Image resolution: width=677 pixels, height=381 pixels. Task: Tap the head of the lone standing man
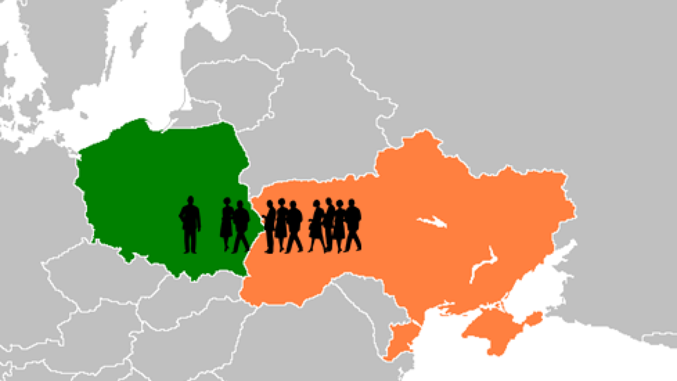[190, 201]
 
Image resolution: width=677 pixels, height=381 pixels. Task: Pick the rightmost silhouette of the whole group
[353, 225]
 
